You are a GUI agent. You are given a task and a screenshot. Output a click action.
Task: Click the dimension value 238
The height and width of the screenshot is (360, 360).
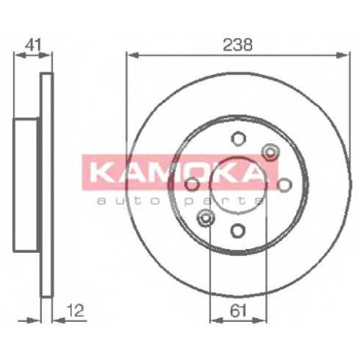click(238, 45)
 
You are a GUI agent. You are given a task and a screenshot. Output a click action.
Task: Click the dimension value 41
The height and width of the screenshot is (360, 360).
click(33, 45)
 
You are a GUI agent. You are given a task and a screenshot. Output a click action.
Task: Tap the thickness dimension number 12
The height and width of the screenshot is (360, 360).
click(75, 310)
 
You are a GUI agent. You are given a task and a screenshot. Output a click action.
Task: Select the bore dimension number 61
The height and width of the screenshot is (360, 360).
click(238, 310)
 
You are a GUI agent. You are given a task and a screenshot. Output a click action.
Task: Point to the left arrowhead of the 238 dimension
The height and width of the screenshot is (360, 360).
click(132, 55)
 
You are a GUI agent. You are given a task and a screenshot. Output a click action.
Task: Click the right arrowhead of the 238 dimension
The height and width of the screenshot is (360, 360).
click(342, 55)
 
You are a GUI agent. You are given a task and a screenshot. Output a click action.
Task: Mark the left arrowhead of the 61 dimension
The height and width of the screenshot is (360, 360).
click(216, 320)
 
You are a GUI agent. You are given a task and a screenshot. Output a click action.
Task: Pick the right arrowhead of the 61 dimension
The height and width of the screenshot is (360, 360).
click(260, 320)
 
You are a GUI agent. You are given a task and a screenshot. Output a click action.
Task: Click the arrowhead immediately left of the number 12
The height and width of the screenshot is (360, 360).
click(59, 320)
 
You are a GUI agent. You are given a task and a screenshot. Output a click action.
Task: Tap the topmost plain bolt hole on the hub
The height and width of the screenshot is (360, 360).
click(238, 138)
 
